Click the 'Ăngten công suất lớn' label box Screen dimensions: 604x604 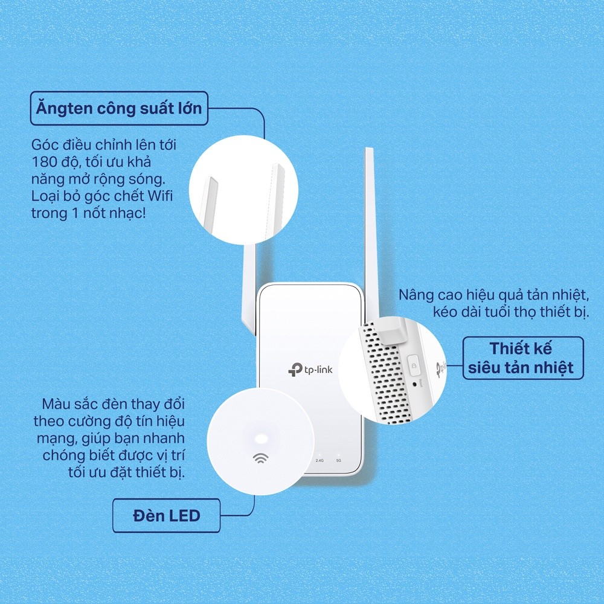tap(119, 108)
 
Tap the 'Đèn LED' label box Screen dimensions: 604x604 tap(167, 515)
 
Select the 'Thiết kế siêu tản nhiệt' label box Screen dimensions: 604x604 tap(523, 358)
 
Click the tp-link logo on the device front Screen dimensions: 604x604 tap(310, 370)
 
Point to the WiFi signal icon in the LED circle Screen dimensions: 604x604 tap(261, 458)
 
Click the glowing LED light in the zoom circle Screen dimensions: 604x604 tap(261, 439)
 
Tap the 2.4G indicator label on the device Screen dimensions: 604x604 tap(320, 460)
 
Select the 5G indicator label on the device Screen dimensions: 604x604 tap(339, 460)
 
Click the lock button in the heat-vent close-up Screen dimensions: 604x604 tap(414, 365)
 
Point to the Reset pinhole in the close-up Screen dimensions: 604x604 tap(414, 384)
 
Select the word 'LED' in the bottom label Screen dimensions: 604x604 tap(184, 515)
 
